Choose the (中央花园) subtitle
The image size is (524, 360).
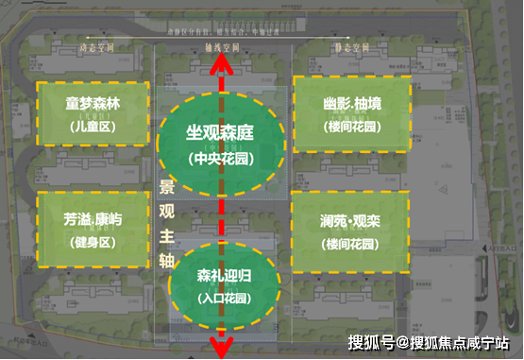(221, 157)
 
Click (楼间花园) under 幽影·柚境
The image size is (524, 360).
(350, 127)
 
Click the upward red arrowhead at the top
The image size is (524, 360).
(222, 62)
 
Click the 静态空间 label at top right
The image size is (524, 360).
(351, 46)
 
